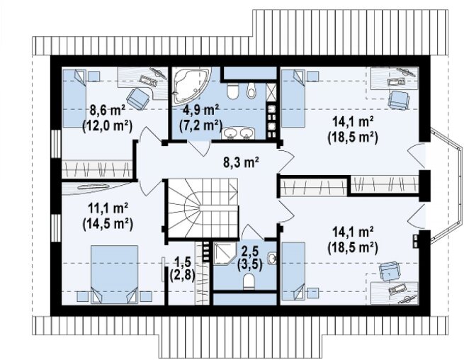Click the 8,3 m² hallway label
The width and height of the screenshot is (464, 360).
[241, 162]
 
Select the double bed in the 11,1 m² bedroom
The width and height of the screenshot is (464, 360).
[114, 274]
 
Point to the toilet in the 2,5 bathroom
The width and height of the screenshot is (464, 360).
[249, 281]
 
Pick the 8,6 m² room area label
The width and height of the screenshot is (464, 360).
[108, 111]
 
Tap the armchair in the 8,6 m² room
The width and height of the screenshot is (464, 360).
[138, 99]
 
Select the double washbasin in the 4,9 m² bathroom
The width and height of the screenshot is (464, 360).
[238, 133]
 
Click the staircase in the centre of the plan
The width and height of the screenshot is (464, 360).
[203, 208]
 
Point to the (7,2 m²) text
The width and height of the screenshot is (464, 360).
[200, 126]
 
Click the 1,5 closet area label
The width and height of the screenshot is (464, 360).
[183, 262]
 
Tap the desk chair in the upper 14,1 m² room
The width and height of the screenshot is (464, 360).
[399, 100]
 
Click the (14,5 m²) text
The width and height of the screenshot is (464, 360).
[108, 224]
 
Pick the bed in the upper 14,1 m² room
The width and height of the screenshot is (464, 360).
[293, 99]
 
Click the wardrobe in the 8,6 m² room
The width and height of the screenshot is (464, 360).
[97, 169]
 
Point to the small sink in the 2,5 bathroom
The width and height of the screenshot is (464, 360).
[272, 258]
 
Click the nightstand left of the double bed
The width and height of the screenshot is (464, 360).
[83, 296]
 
